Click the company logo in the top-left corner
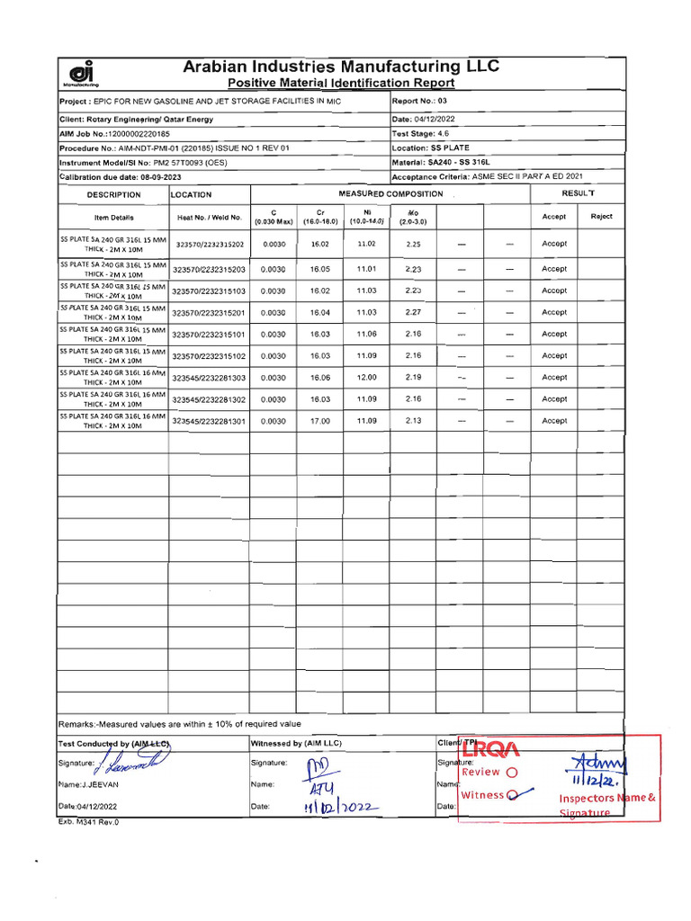tap(82, 75)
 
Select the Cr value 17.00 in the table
tap(320, 421)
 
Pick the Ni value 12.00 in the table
tap(366, 378)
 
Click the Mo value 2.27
tap(413, 312)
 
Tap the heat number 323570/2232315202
tap(209, 245)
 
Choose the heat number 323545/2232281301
tap(209, 421)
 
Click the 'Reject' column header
tap(601, 217)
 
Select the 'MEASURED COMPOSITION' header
tap(390, 194)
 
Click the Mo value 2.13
tap(413, 421)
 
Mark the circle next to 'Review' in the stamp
tap(512, 773)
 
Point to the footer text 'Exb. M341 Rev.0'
tap(88, 822)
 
